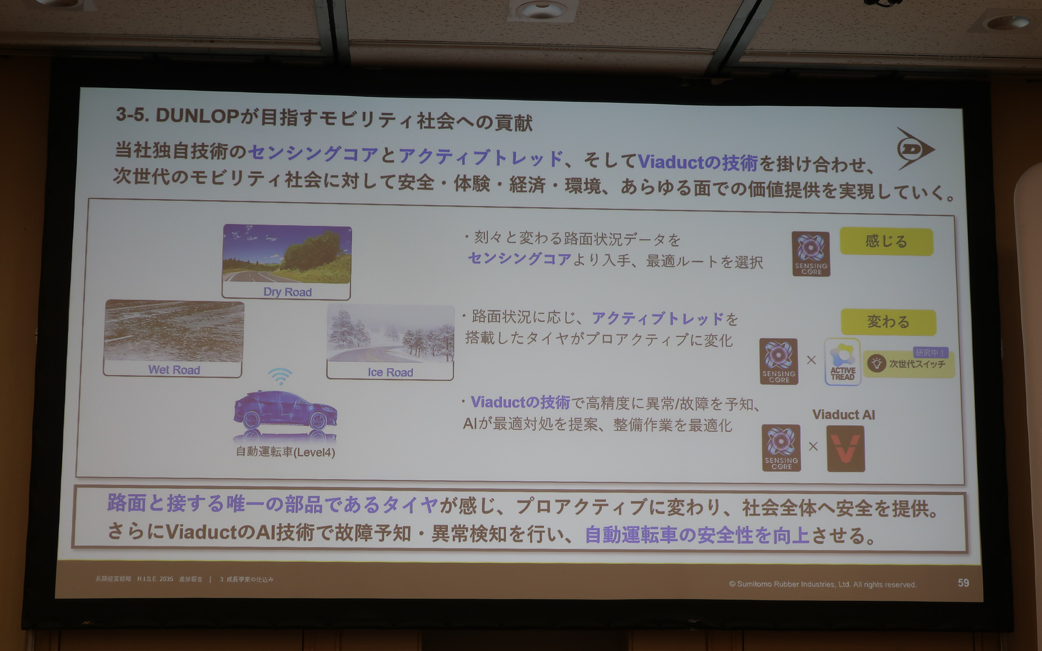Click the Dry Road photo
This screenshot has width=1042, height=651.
287,255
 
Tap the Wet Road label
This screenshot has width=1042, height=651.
174,370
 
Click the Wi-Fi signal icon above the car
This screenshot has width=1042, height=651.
280,375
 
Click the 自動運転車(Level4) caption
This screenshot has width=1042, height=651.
285,452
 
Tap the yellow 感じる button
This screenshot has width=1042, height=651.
886,241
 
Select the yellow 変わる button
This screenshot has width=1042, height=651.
888,322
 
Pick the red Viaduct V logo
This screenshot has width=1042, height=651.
846,449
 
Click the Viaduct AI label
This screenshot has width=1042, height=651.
843,415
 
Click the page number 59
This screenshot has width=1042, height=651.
963,583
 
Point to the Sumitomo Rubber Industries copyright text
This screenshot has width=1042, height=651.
822,584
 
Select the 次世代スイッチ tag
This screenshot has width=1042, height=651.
916,364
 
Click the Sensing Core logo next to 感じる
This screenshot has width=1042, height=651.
811,254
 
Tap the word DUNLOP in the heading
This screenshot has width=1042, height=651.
197,116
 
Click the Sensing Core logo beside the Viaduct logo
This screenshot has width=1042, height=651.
781,448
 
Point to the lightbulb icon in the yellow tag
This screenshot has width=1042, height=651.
876,363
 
